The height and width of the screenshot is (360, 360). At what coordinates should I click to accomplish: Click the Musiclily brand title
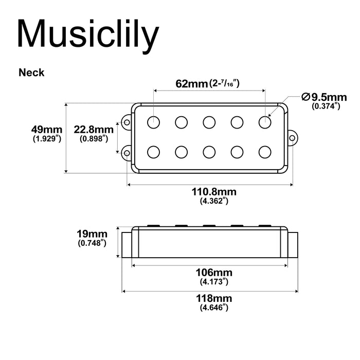click(87, 34)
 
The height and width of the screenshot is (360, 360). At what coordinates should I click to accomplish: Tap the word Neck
click(31, 73)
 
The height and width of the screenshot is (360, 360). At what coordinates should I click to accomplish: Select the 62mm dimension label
click(191, 83)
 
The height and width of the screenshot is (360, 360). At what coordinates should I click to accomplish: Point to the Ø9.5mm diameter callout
click(325, 97)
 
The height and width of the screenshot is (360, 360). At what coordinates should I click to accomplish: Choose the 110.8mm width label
click(214, 192)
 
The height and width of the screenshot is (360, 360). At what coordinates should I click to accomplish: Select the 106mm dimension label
click(214, 273)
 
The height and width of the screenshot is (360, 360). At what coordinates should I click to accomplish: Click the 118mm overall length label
click(214, 298)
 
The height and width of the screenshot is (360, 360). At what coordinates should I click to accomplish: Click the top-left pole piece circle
click(154, 122)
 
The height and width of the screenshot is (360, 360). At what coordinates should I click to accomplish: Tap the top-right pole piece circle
click(264, 122)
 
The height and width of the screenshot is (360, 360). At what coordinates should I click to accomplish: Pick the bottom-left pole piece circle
click(154, 152)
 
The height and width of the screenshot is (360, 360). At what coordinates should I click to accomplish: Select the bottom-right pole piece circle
click(264, 152)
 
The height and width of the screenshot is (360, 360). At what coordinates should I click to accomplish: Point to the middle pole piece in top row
click(209, 122)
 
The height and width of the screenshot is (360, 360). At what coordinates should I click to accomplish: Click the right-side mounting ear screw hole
click(292, 137)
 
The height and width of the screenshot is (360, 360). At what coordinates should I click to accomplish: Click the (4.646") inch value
click(214, 308)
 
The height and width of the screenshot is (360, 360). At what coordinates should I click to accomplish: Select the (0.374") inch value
click(326, 106)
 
